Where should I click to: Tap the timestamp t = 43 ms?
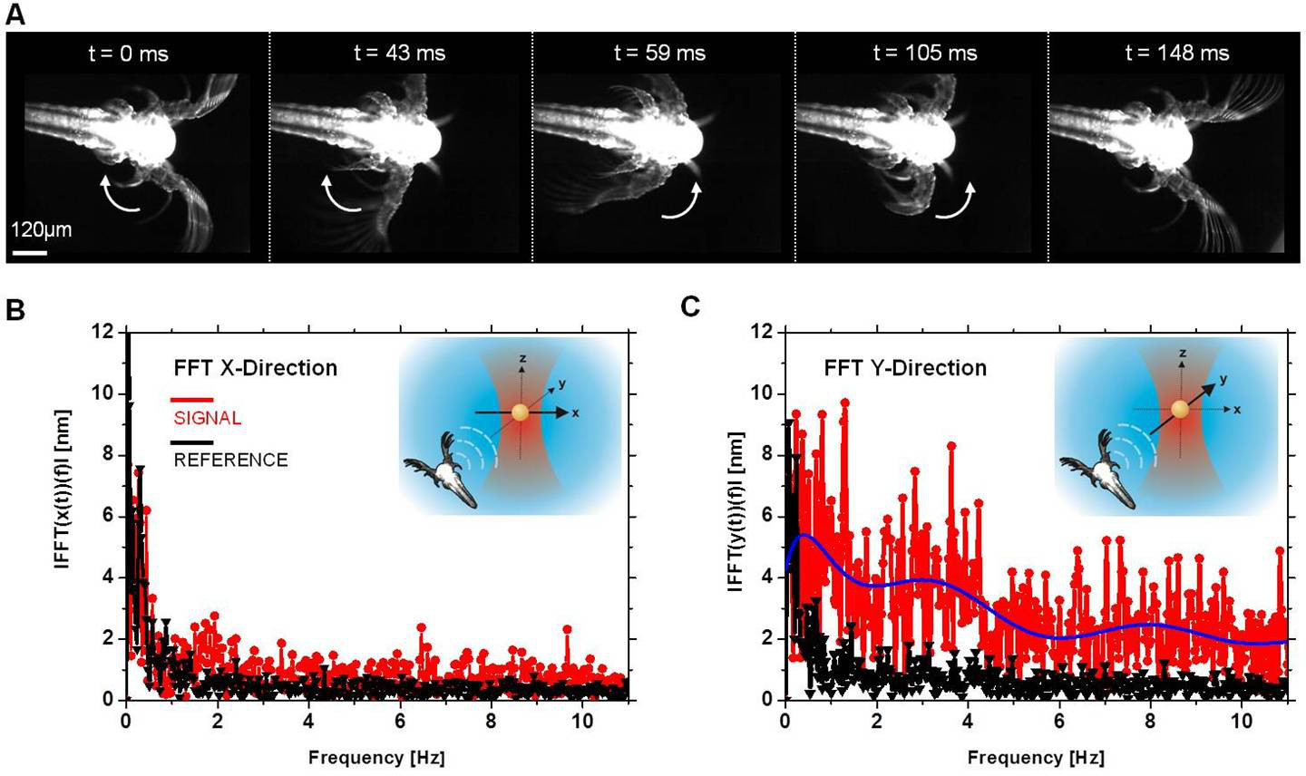pos(399,53)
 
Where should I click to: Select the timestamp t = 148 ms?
pos(1176,53)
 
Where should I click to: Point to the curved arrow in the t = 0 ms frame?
pos(115,194)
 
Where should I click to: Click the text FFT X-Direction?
pos(255,368)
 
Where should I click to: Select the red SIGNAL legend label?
pos(207,418)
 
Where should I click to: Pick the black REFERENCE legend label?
pos(230,460)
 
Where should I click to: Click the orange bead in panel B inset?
pos(521,412)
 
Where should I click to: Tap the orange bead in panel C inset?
pos(1180,410)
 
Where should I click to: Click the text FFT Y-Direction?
pos(904,368)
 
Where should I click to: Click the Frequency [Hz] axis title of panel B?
pos(376,756)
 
